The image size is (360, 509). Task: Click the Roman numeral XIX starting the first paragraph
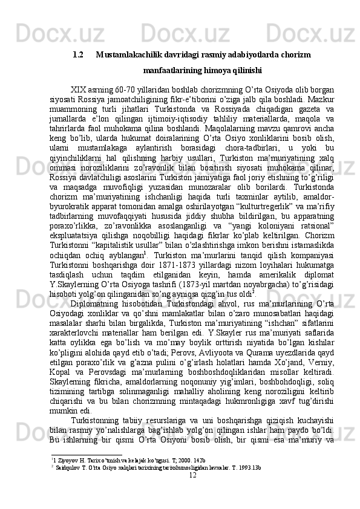pyautogui.click(x=79, y=87)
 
